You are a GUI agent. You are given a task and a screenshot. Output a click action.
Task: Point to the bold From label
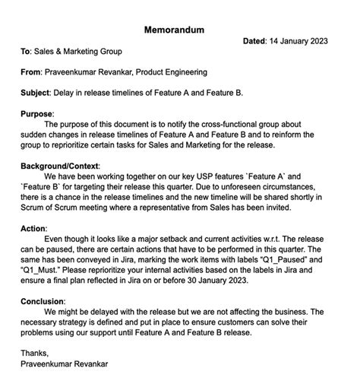33,72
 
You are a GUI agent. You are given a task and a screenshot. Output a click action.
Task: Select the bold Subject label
37,93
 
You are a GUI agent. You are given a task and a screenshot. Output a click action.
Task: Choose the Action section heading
34,228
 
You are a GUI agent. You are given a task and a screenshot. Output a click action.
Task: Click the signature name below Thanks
65,364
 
